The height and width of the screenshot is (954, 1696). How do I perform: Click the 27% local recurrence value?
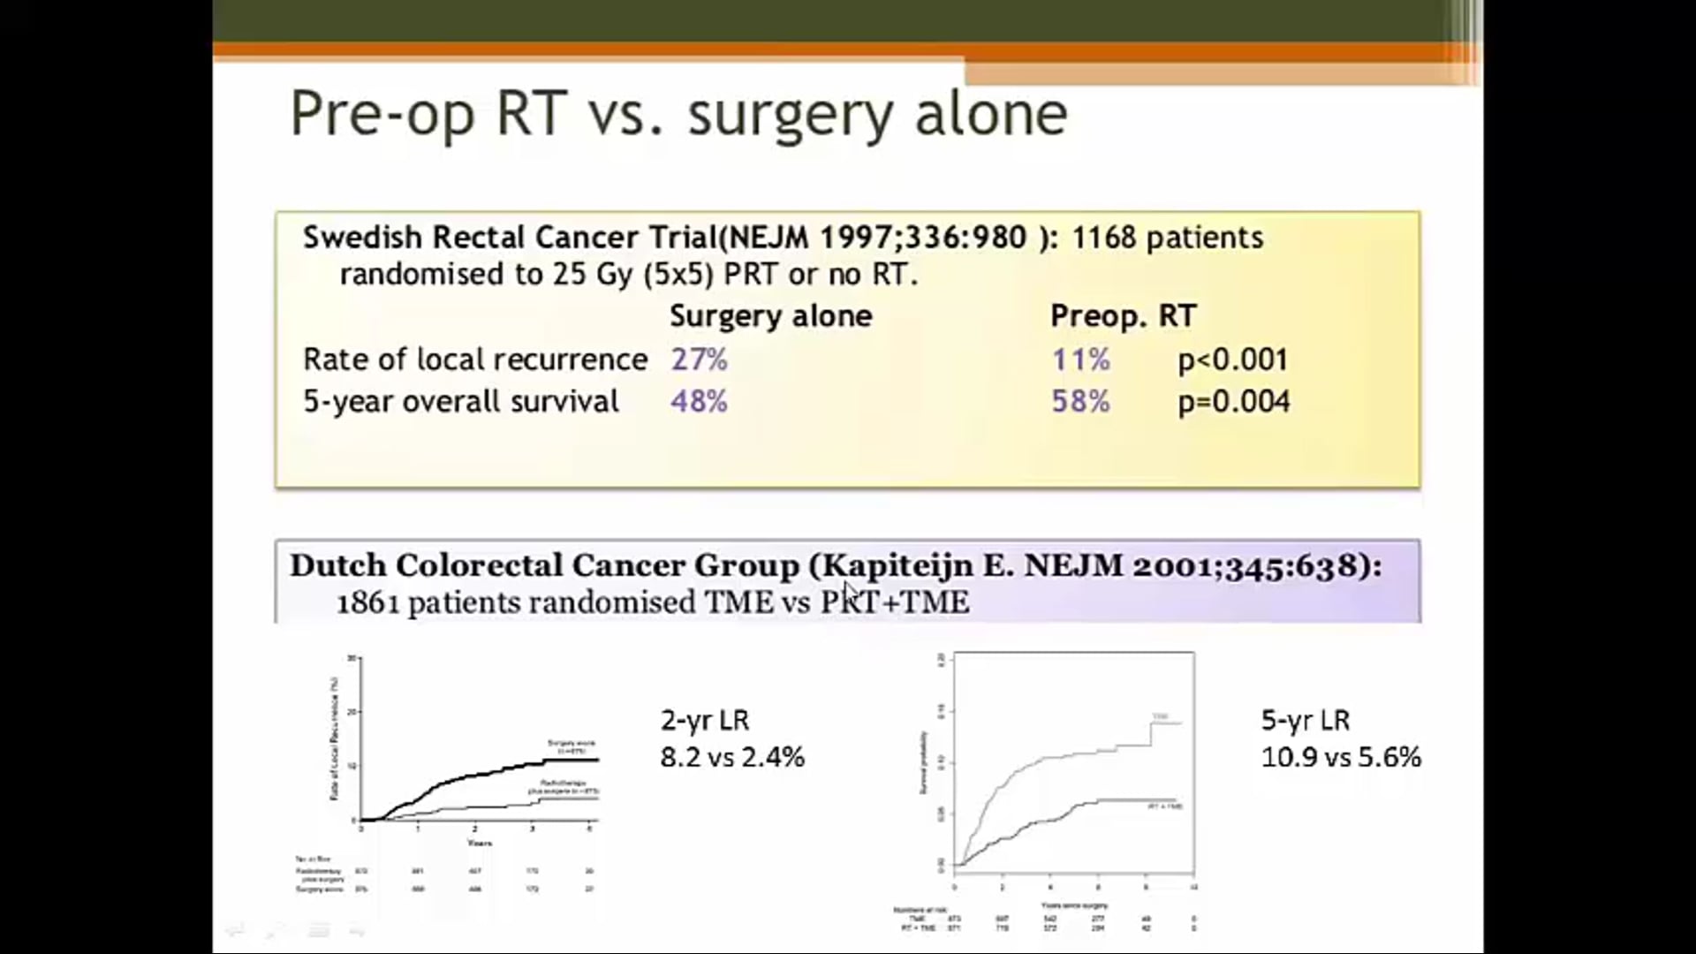coord(699,360)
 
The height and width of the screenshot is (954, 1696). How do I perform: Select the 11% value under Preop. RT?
coord(1079,360)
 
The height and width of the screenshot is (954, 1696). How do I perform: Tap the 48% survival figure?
coord(699,402)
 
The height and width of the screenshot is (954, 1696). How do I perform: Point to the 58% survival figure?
coord(1079,402)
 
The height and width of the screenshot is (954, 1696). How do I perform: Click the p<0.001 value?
coord(1233,360)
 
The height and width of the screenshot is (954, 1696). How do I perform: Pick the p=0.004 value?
coord(1233,402)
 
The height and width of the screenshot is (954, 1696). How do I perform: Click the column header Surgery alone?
coord(770,316)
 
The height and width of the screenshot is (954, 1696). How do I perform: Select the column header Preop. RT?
coord(1123,316)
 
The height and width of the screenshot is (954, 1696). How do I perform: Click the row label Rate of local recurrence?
coord(475,360)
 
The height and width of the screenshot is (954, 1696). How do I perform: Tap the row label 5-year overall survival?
coord(460,402)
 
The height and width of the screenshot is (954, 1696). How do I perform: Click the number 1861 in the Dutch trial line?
coord(367,603)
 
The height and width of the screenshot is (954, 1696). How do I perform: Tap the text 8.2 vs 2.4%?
coord(732,757)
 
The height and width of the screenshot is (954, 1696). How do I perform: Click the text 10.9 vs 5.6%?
coord(1340,757)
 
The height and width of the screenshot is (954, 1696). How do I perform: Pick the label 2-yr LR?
coord(704,720)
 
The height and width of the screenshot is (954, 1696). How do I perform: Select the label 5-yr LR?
coord(1305,720)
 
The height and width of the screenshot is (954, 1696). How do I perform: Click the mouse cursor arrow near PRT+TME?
coord(849,591)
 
